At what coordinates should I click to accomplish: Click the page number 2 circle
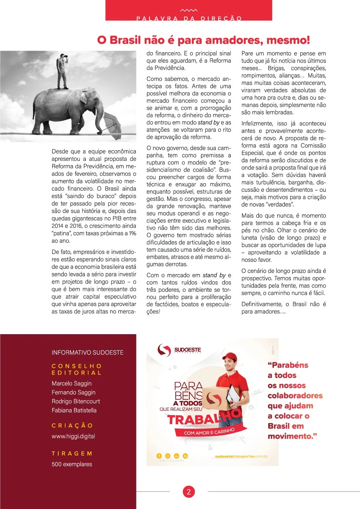[x=189, y=492]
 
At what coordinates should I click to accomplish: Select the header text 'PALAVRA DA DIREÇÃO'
[x=189, y=18]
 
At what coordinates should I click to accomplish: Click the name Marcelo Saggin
[x=72, y=383]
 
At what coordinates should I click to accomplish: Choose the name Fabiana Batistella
[x=74, y=410]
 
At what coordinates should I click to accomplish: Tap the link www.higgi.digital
[x=73, y=436]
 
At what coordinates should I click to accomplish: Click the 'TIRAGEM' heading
[x=72, y=454]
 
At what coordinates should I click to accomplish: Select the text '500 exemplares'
[x=72, y=464]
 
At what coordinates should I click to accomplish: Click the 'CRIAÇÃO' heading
[x=72, y=426]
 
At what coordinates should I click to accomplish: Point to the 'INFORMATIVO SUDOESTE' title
[x=87, y=353]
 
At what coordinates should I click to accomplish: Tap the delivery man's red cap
[x=230, y=356]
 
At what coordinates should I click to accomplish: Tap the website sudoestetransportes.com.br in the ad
[x=241, y=456]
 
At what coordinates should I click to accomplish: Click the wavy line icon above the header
[x=189, y=10]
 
